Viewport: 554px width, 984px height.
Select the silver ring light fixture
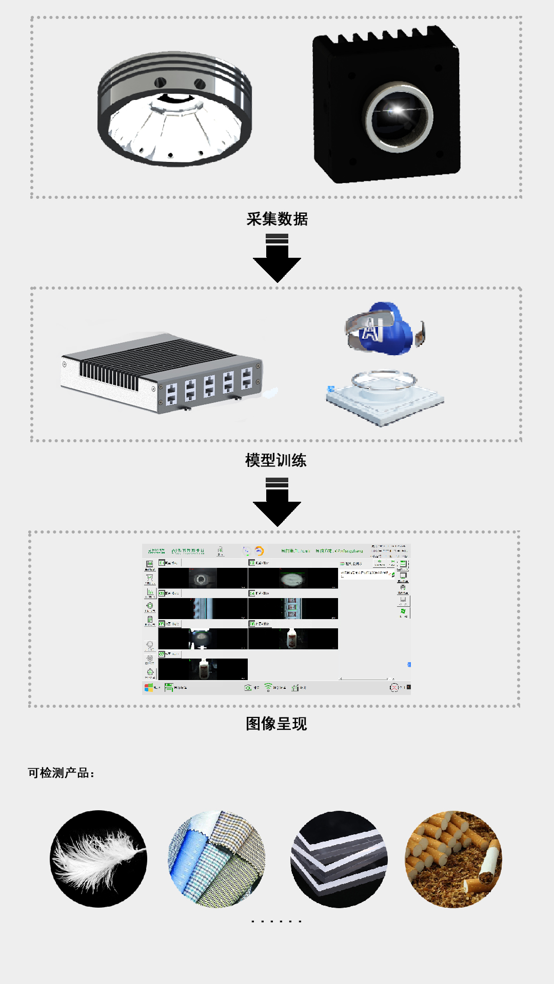(x=174, y=109)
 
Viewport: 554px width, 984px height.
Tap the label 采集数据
(x=277, y=219)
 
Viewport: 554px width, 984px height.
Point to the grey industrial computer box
(x=162, y=373)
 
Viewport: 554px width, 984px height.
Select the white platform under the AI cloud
(x=385, y=397)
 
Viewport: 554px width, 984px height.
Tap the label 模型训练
(x=276, y=460)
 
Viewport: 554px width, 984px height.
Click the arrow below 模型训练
(x=277, y=502)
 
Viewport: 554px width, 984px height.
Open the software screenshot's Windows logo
(x=149, y=688)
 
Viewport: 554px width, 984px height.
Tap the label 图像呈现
(x=276, y=724)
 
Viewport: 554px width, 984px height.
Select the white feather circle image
(x=98, y=859)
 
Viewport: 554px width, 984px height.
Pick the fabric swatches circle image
(x=217, y=859)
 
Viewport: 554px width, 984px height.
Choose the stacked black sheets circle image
(x=339, y=859)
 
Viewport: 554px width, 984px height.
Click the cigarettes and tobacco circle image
(x=453, y=859)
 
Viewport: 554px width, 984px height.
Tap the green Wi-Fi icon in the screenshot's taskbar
(x=268, y=687)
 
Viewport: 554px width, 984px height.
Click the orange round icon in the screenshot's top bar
(x=259, y=551)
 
